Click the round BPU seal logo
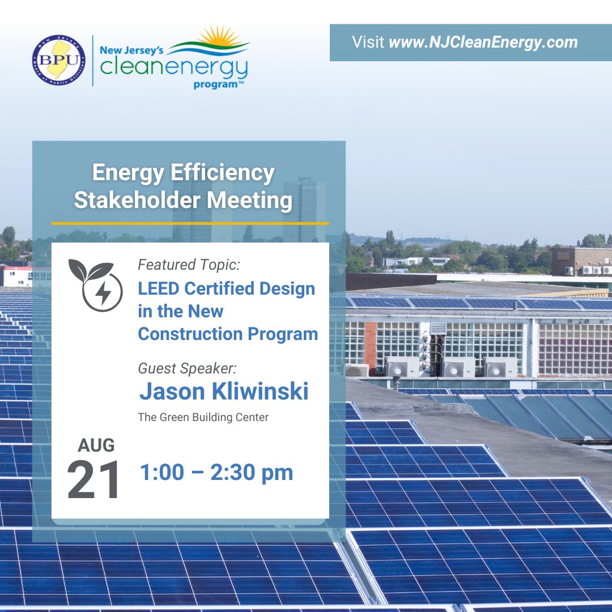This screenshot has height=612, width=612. (x=59, y=60)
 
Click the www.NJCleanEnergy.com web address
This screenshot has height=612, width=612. (x=483, y=42)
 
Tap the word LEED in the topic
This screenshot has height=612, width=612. (x=158, y=288)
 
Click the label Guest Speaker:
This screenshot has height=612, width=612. (x=188, y=368)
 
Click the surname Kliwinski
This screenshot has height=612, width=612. (x=262, y=392)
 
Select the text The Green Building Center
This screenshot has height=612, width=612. (x=203, y=418)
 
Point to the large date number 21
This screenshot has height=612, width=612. (x=93, y=479)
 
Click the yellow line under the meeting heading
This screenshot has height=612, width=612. (x=190, y=223)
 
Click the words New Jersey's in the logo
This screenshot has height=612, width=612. (x=131, y=50)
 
